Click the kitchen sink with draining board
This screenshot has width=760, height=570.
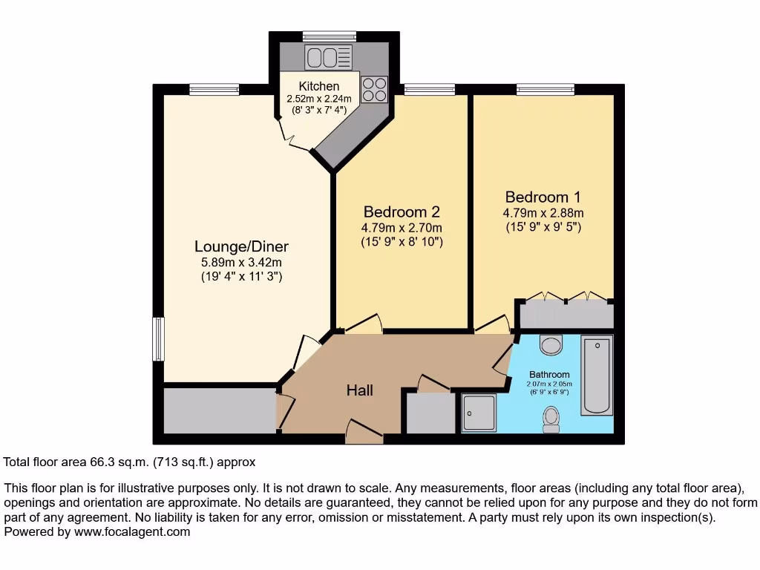328,56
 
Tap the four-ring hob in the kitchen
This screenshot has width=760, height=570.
375,89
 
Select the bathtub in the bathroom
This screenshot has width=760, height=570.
597,375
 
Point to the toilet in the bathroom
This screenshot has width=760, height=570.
551,419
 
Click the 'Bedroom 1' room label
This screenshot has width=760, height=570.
543,197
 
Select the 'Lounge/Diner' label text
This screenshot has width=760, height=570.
241,246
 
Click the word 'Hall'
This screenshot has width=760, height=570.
360,390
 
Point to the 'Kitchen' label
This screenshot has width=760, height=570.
319,87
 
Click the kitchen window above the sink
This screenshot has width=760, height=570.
329,36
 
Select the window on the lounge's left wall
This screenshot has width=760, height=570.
158,339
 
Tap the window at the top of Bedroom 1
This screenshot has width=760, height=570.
545,90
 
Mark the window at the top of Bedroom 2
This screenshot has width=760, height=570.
430,90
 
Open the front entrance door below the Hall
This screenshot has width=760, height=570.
364,433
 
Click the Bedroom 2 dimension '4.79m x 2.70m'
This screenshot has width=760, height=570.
402,228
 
